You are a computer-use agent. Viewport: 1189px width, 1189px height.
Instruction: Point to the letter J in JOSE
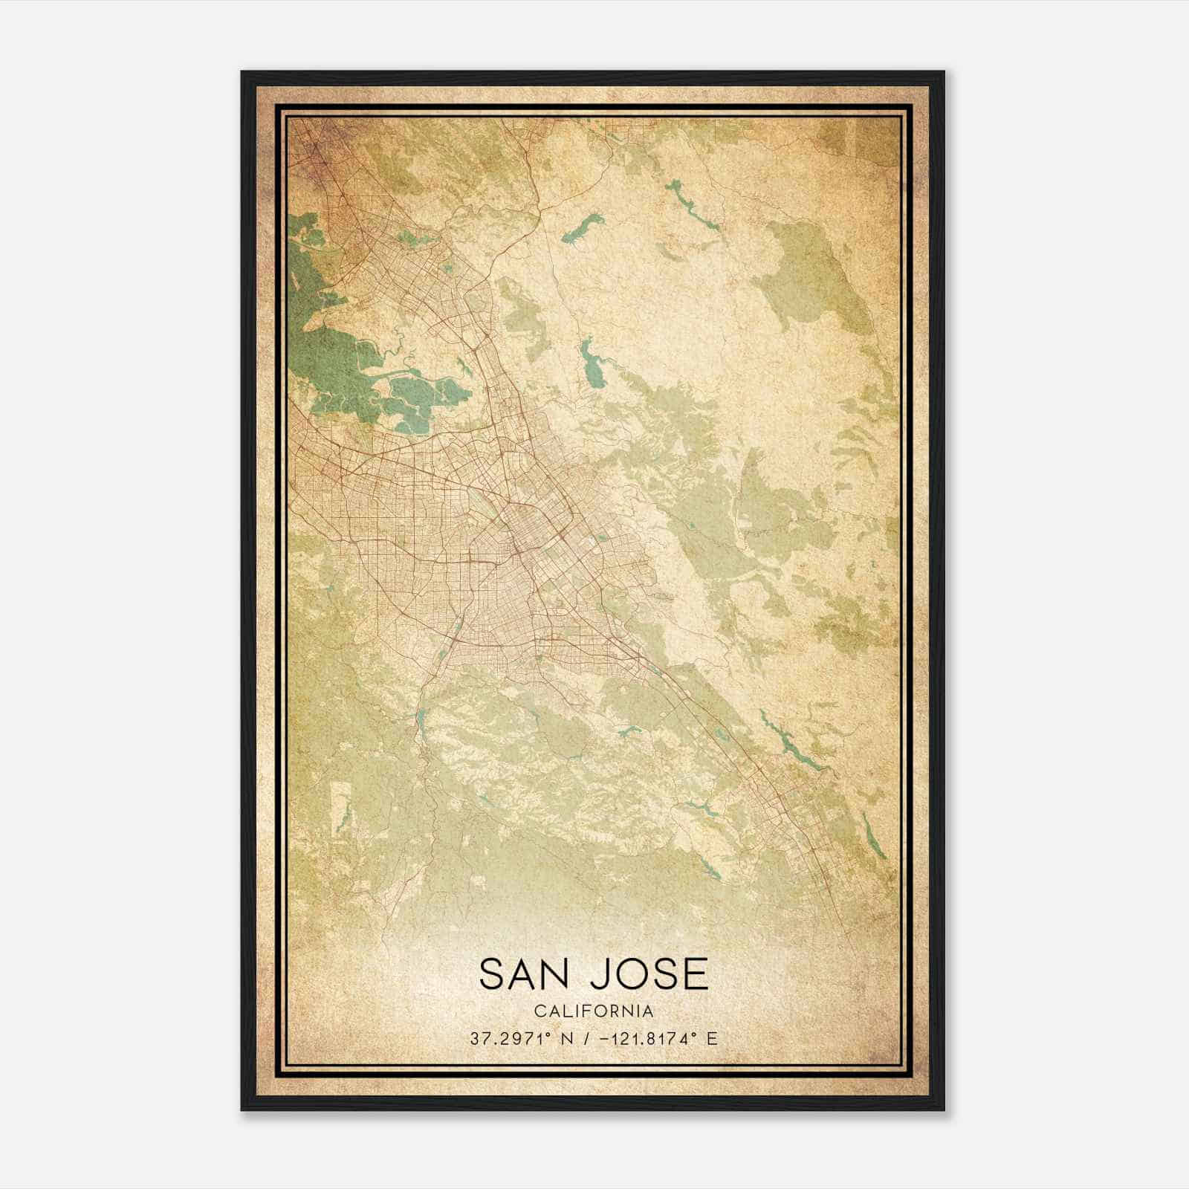click(599, 974)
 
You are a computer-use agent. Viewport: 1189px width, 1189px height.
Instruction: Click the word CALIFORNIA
click(594, 1011)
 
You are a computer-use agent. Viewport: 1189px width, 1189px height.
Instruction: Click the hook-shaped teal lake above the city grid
click(592, 365)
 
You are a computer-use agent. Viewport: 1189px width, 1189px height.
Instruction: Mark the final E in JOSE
click(696, 974)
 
